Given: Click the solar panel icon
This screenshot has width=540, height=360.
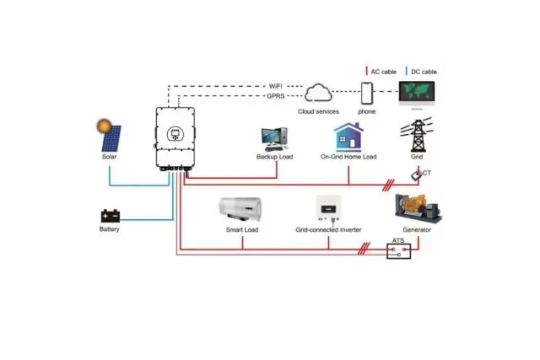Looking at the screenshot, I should [111, 137].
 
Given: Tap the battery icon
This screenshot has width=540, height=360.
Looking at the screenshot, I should [110, 215].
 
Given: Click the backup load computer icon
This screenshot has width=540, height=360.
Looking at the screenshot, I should [274, 138].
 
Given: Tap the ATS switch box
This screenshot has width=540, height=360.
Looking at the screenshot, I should [398, 250].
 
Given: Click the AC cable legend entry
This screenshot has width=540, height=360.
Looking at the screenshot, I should [381, 71].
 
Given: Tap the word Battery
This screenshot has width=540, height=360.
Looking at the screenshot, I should [110, 229].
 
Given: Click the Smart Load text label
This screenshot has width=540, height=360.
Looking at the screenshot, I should [241, 229].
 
